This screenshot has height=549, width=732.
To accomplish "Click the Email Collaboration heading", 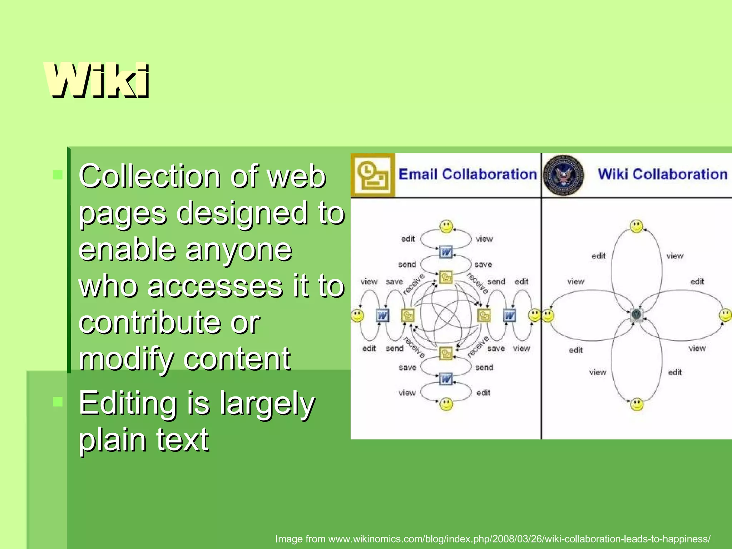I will coord(468,174).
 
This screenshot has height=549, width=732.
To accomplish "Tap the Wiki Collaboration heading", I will coord(663,174).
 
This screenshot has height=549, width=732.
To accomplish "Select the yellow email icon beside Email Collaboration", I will coord(373,175).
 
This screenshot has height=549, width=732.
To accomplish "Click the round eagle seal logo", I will coord(564,175).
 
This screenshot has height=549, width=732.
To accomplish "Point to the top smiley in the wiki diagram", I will coord(637,226).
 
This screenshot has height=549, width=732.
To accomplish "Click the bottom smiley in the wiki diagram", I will coord(637,404).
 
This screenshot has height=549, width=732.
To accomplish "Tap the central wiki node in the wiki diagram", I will coord(636,315).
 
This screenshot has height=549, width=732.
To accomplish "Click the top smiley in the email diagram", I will coord(446,226).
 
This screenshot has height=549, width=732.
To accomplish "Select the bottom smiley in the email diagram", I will coord(446,404).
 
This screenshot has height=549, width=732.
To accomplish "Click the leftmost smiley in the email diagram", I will coord(357,315).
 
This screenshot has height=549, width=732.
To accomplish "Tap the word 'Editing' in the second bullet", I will coord(128,403).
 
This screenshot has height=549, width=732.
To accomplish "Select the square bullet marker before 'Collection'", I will coord(58,175).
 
